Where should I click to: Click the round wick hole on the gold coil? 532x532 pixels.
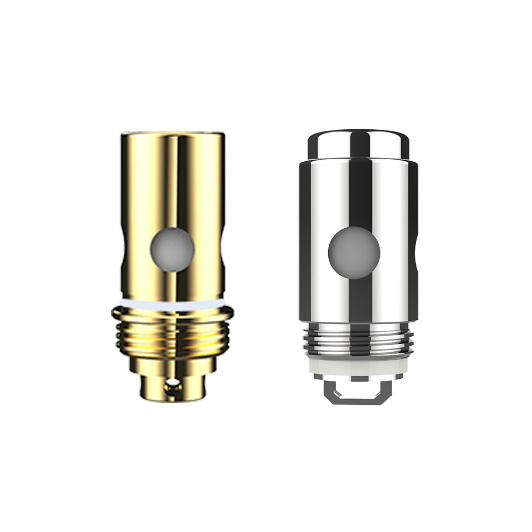[172, 250]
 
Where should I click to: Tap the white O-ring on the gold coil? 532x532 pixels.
[172, 304]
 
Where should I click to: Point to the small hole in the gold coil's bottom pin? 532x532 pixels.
[171, 384]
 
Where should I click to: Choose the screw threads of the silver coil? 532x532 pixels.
[358, 341]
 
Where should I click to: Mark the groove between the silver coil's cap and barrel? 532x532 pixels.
[358, 159]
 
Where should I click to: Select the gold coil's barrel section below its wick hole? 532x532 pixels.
[172, 285]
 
